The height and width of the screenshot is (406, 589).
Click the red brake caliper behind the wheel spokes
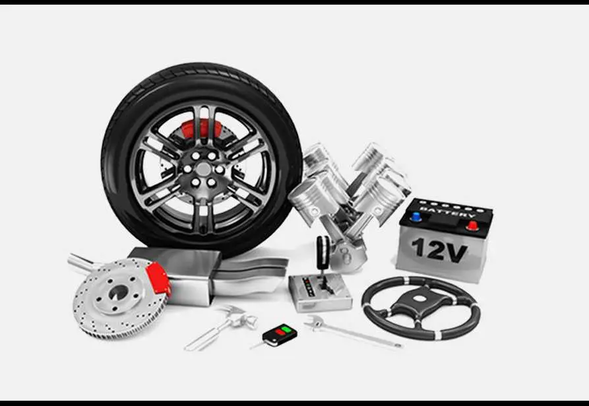pyautogui.click(x=202, y=129)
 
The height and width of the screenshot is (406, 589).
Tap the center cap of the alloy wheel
pyautogui.click(x=203, y=169)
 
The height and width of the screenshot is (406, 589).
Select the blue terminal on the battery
pyautogui.click(x=416, y=217)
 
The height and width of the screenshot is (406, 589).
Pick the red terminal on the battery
pyautogui.click(x=472, y=226)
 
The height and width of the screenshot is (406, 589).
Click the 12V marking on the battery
pyautogui.click(x=439, y=250)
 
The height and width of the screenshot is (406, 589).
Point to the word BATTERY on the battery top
pyautogui.click(x=447, y=213)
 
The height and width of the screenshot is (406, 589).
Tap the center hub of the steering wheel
pyautogui.click(x=419, y=299)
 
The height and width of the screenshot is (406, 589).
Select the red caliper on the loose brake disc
pyautogui.click(x=158, y=280)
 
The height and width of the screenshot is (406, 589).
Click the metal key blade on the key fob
pyautogui.click(x=258, y=345)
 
